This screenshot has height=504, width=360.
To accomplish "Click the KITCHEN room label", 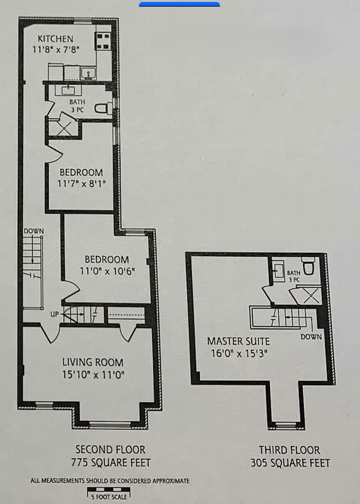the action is coord(55,39).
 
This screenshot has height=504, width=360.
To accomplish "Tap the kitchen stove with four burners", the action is coord(103,41).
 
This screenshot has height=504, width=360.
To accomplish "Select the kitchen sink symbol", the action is coord(87,73).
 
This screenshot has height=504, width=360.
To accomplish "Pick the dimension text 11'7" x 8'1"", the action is coord(81,184).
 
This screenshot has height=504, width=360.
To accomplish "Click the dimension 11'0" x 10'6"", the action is coord(107,270).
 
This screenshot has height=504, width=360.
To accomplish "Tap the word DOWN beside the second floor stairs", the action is coord(34,231).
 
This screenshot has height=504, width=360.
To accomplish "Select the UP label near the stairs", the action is coord(54,314).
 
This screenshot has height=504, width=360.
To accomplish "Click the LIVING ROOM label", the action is coord(93,362).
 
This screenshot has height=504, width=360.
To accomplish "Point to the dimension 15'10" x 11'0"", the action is coord(93,374).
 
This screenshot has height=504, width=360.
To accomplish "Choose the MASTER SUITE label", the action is coord(238,341).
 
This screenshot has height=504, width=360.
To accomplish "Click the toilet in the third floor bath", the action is coord(308,266).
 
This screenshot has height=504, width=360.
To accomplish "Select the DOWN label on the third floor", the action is coord(311,336).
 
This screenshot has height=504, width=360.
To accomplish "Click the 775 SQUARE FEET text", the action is coord(110,463).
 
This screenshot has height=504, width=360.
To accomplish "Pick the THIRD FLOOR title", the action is coord(289,450).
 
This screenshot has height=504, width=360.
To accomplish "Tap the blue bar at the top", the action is coord(179,4).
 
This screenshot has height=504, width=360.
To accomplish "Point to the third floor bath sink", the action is coord(279,271).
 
